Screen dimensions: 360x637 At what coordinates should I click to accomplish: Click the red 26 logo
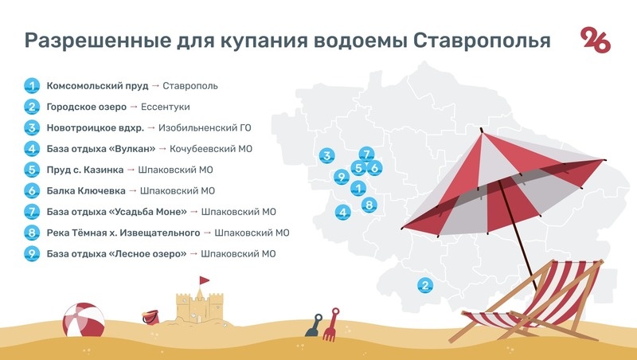596,40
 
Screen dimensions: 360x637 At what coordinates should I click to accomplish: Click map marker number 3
326,155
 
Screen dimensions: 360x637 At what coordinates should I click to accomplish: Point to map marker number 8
368,205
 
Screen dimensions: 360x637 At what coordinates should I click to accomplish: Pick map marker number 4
343,212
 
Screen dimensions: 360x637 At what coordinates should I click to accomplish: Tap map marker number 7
366,155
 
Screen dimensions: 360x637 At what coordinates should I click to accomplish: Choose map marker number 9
342,176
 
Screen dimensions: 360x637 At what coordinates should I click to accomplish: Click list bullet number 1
32,86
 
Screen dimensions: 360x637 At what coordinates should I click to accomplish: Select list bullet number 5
32,170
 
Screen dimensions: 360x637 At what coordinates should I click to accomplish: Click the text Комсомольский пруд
97,86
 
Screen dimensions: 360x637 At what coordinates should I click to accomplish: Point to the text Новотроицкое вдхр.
96,127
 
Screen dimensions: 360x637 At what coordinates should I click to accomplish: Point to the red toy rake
333,323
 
